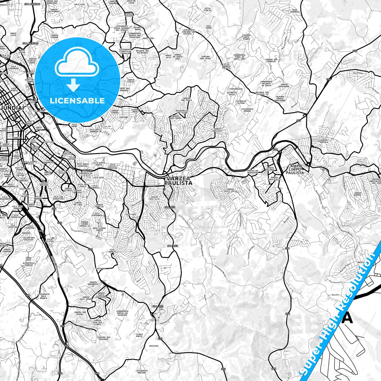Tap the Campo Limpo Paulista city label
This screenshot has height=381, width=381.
click(295, 169)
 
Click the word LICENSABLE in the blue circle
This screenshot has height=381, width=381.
click(77, 100)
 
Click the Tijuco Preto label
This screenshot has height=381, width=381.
click(139, 335)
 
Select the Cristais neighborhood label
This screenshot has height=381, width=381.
click(154, 346)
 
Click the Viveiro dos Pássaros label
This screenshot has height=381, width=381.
click(103, 338)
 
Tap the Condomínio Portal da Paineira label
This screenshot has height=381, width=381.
click(122, 313)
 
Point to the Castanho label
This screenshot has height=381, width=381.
click(100, 268)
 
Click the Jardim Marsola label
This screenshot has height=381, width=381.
click(324, 141)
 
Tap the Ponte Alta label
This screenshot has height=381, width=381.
click(168, 56)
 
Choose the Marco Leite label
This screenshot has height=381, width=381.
click(13, 35)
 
